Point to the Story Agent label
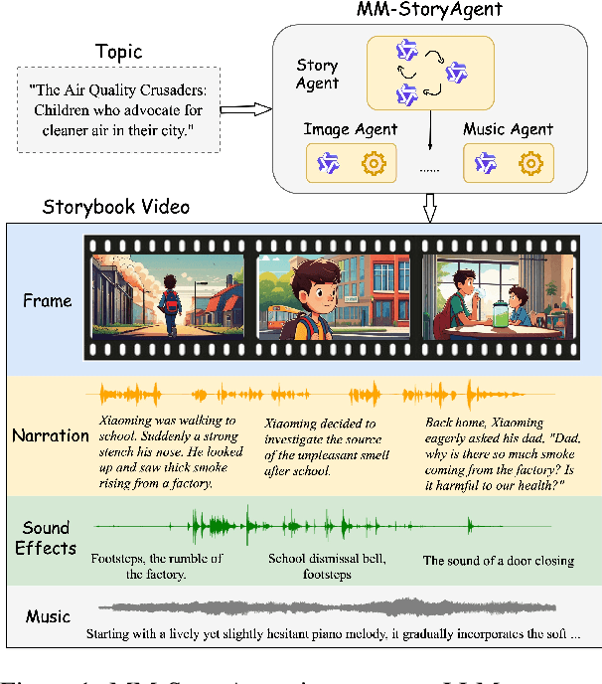tap(318, 74)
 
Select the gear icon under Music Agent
tap(531, 161)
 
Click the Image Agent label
tap(352, 128)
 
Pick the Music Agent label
tap(509, 128)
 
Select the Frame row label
tap(48, 300)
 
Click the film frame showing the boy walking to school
tap(168, 295)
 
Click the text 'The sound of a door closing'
tap(499, 561)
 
